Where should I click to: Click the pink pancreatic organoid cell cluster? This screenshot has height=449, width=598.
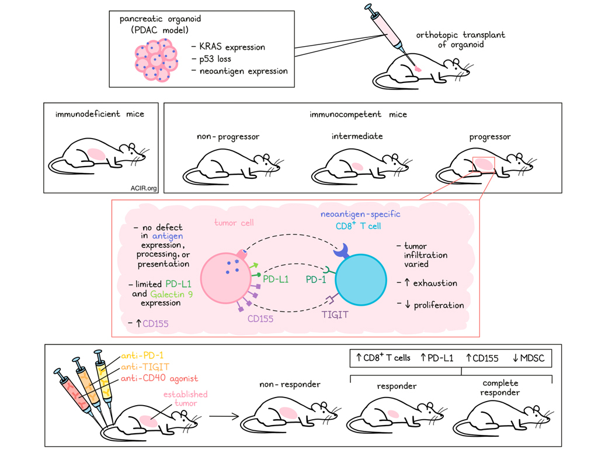(x=155, y=59)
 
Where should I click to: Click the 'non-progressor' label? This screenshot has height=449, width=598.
(x=228, y=136)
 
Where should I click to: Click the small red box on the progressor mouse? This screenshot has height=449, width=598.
(x=484, y=165)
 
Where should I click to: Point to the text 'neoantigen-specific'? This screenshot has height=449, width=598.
(x=360, y=214)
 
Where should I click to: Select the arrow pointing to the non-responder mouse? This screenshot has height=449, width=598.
(x=224, y=417)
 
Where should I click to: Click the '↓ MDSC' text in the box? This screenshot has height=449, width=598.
(x=529, y=358)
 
